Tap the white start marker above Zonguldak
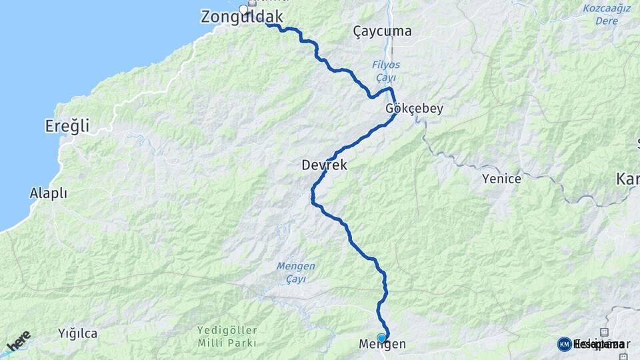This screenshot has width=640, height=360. coord(244,9)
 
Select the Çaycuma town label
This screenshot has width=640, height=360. coord(382,31)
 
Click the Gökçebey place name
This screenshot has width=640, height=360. coord(414,109)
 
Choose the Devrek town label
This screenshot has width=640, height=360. coord(324,165)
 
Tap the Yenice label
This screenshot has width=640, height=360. coord(501,179)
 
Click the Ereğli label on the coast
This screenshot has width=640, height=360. coord(67,125)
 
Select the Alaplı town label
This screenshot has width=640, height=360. coord(49,193)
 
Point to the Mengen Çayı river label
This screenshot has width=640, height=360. coord(295,272)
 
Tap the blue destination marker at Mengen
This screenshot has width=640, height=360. coord(381,338)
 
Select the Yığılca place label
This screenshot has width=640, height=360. coord(77,333)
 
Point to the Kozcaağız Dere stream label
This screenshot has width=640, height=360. coord(607,14)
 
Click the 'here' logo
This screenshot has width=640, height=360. coord(19,340)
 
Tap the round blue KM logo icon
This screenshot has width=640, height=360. coord(564,344)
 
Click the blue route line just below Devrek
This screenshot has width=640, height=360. coord(313,193)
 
